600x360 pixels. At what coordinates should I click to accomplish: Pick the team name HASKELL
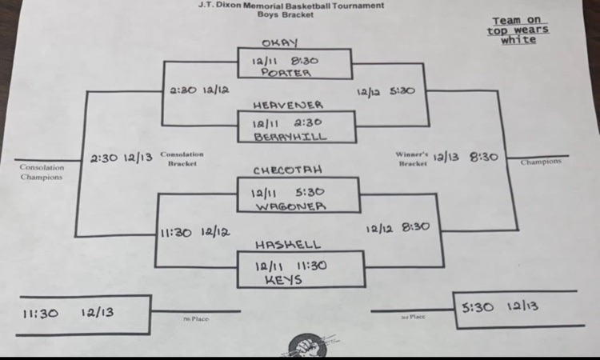(x=288, y=243)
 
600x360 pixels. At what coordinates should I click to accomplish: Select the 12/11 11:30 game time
(x=293, y=263)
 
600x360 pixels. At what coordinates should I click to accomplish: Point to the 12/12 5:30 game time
(x=386, y=91)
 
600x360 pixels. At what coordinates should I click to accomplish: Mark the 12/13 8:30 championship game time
(x=466, y=157)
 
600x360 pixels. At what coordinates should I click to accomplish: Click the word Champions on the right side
(x=541, y=162)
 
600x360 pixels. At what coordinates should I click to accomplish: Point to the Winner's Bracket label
(x=413, y=157)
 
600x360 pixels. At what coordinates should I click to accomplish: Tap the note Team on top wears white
(x=518, y=30)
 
